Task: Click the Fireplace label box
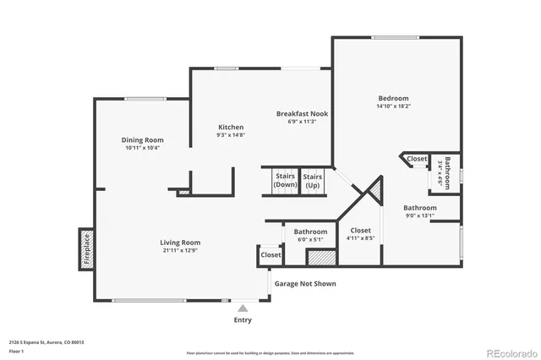click(x=85, y=249)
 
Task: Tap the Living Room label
click(x=180, y=243)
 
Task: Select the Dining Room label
click(x=142, y=140)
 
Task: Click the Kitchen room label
click(x=230, y=127)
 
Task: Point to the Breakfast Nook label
click(x=302, y=113)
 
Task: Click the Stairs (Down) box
click(x=285, y=180)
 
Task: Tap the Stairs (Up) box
click(x=312, y=180)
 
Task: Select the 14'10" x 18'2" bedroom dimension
click(x=393, y=107)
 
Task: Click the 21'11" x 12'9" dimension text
click(x=180, y=250)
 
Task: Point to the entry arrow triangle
click(x=243, y=308)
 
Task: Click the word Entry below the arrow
click(x=243, y=320)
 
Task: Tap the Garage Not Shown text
click(x=305, y=284)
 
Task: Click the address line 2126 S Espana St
click(x=47, y=342)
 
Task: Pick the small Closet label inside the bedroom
click(x=417, y=159)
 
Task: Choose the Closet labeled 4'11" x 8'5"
click(x=360, y=233)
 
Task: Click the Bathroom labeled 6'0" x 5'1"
click(x=310, y=236)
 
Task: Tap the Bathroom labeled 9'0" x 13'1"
click(x=419, y=211)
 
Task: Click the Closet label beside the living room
click(x=270, y=254)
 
